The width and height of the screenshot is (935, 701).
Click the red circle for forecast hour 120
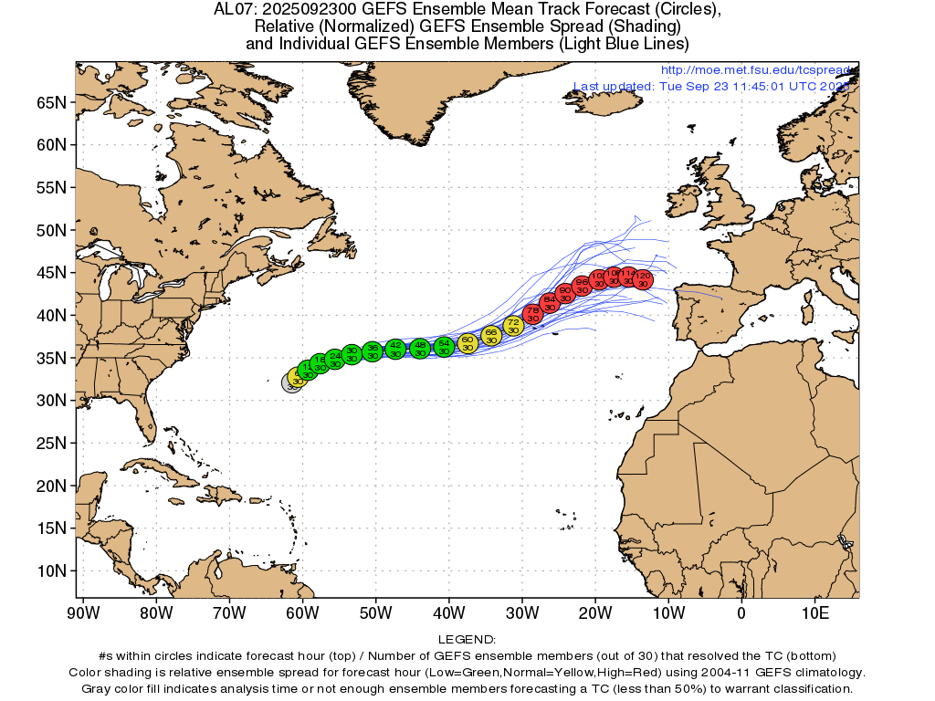643,279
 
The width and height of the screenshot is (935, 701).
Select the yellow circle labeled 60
467,342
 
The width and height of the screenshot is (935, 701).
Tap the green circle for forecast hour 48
419,348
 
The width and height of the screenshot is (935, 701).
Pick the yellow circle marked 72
513,326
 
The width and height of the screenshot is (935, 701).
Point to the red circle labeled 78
532,314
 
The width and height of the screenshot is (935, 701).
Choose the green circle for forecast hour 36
373,351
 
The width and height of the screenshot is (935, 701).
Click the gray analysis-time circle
290,383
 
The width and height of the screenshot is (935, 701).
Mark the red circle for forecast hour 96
582,286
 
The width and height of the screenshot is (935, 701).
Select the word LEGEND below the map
467,640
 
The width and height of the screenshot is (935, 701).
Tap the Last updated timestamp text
710,87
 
